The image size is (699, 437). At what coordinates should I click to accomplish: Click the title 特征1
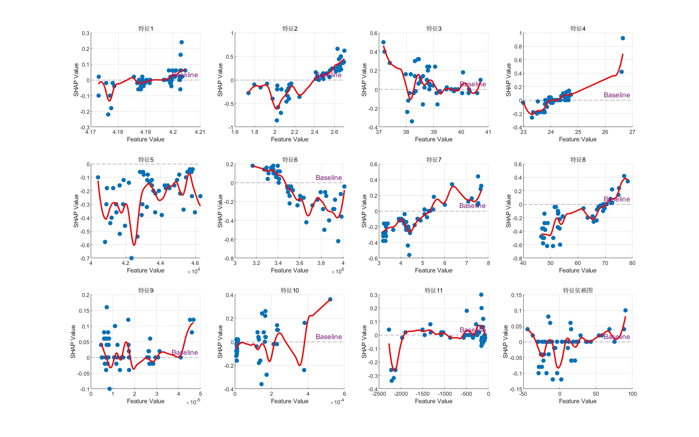[x=146, y=29]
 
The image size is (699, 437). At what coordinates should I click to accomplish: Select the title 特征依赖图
[x=577, y=291]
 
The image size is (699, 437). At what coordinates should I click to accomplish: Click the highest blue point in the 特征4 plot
[x=623, y=38]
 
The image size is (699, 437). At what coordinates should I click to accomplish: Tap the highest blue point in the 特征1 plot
[x=182, y=42]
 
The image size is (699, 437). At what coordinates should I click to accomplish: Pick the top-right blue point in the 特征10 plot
[x=330, y=299]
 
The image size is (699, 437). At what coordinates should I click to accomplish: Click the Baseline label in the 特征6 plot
[x=328, y=178]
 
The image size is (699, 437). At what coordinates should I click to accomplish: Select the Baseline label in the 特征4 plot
[x=616, y=95]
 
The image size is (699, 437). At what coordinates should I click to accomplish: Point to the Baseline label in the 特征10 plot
[x=328, y=337]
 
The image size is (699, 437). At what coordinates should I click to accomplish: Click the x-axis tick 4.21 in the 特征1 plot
[x=200, y=132]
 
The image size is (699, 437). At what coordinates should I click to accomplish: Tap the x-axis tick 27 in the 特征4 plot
[x=632, y=132]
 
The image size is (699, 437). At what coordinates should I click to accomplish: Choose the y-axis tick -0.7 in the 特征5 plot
[x=85, y=259]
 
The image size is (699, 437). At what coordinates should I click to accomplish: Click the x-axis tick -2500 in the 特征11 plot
[x=379, y=394]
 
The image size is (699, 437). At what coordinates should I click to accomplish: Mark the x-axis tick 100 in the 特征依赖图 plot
[x=632, y=394]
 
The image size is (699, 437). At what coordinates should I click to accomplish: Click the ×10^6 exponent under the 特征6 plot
[x=338, y=271]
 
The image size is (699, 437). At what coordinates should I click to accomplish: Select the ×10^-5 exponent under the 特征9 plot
[x=193, y=403]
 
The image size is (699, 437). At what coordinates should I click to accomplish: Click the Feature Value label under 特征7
[x=433, y=270]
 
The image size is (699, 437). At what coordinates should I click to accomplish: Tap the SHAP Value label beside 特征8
[x=508, y=211]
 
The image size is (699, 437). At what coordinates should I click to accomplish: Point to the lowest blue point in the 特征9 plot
[x=110, y=389]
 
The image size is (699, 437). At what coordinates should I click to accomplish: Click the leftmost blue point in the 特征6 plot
[x=253, y=166]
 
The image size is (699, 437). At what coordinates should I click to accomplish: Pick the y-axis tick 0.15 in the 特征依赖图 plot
[x=516, y=295]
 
